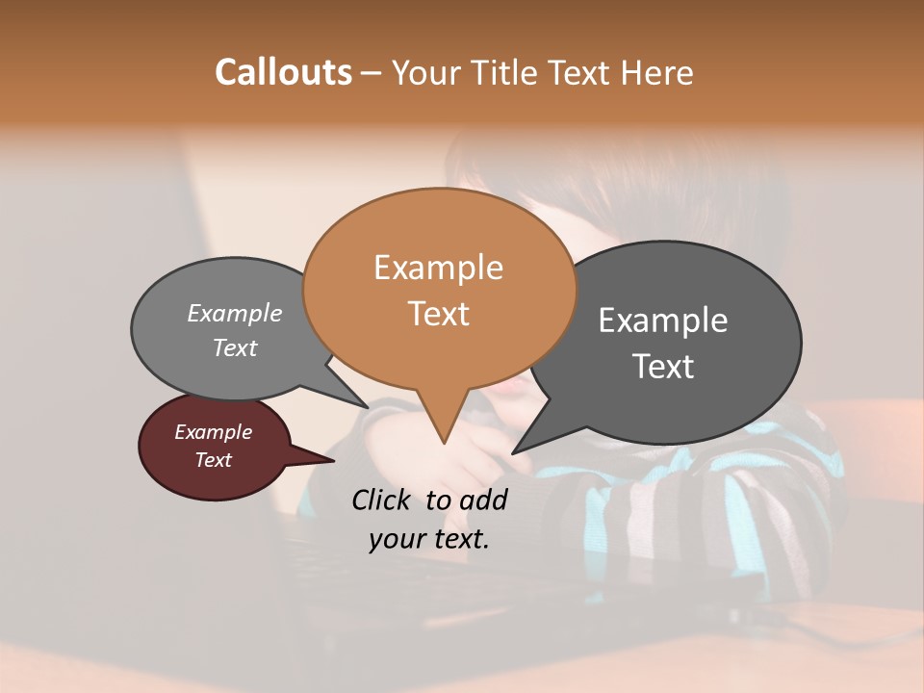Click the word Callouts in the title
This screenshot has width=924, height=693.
283,72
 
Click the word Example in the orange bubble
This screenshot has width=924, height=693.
439,267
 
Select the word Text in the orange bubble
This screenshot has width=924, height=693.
439,313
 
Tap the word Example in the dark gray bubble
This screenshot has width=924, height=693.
663,321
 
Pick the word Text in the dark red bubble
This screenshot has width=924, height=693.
214,460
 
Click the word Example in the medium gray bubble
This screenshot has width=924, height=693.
235,314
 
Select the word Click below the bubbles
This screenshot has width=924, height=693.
382,500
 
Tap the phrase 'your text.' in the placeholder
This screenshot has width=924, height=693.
429,539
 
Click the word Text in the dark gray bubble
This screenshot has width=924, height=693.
663,367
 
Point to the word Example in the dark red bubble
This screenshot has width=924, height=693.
214,432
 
